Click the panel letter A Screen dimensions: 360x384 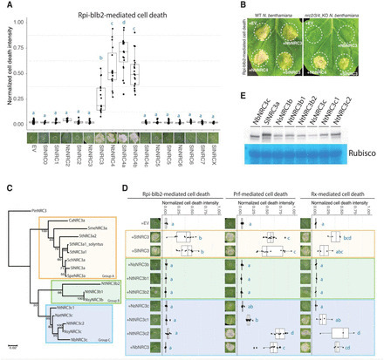click(x=6, y=5)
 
